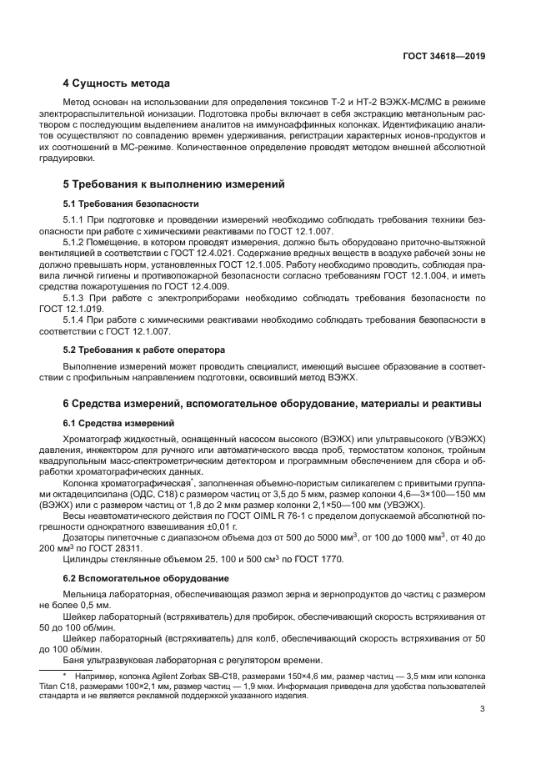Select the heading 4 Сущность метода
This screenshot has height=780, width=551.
(x=117, y=83)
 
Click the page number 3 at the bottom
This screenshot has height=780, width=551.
(x=483, y=710)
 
